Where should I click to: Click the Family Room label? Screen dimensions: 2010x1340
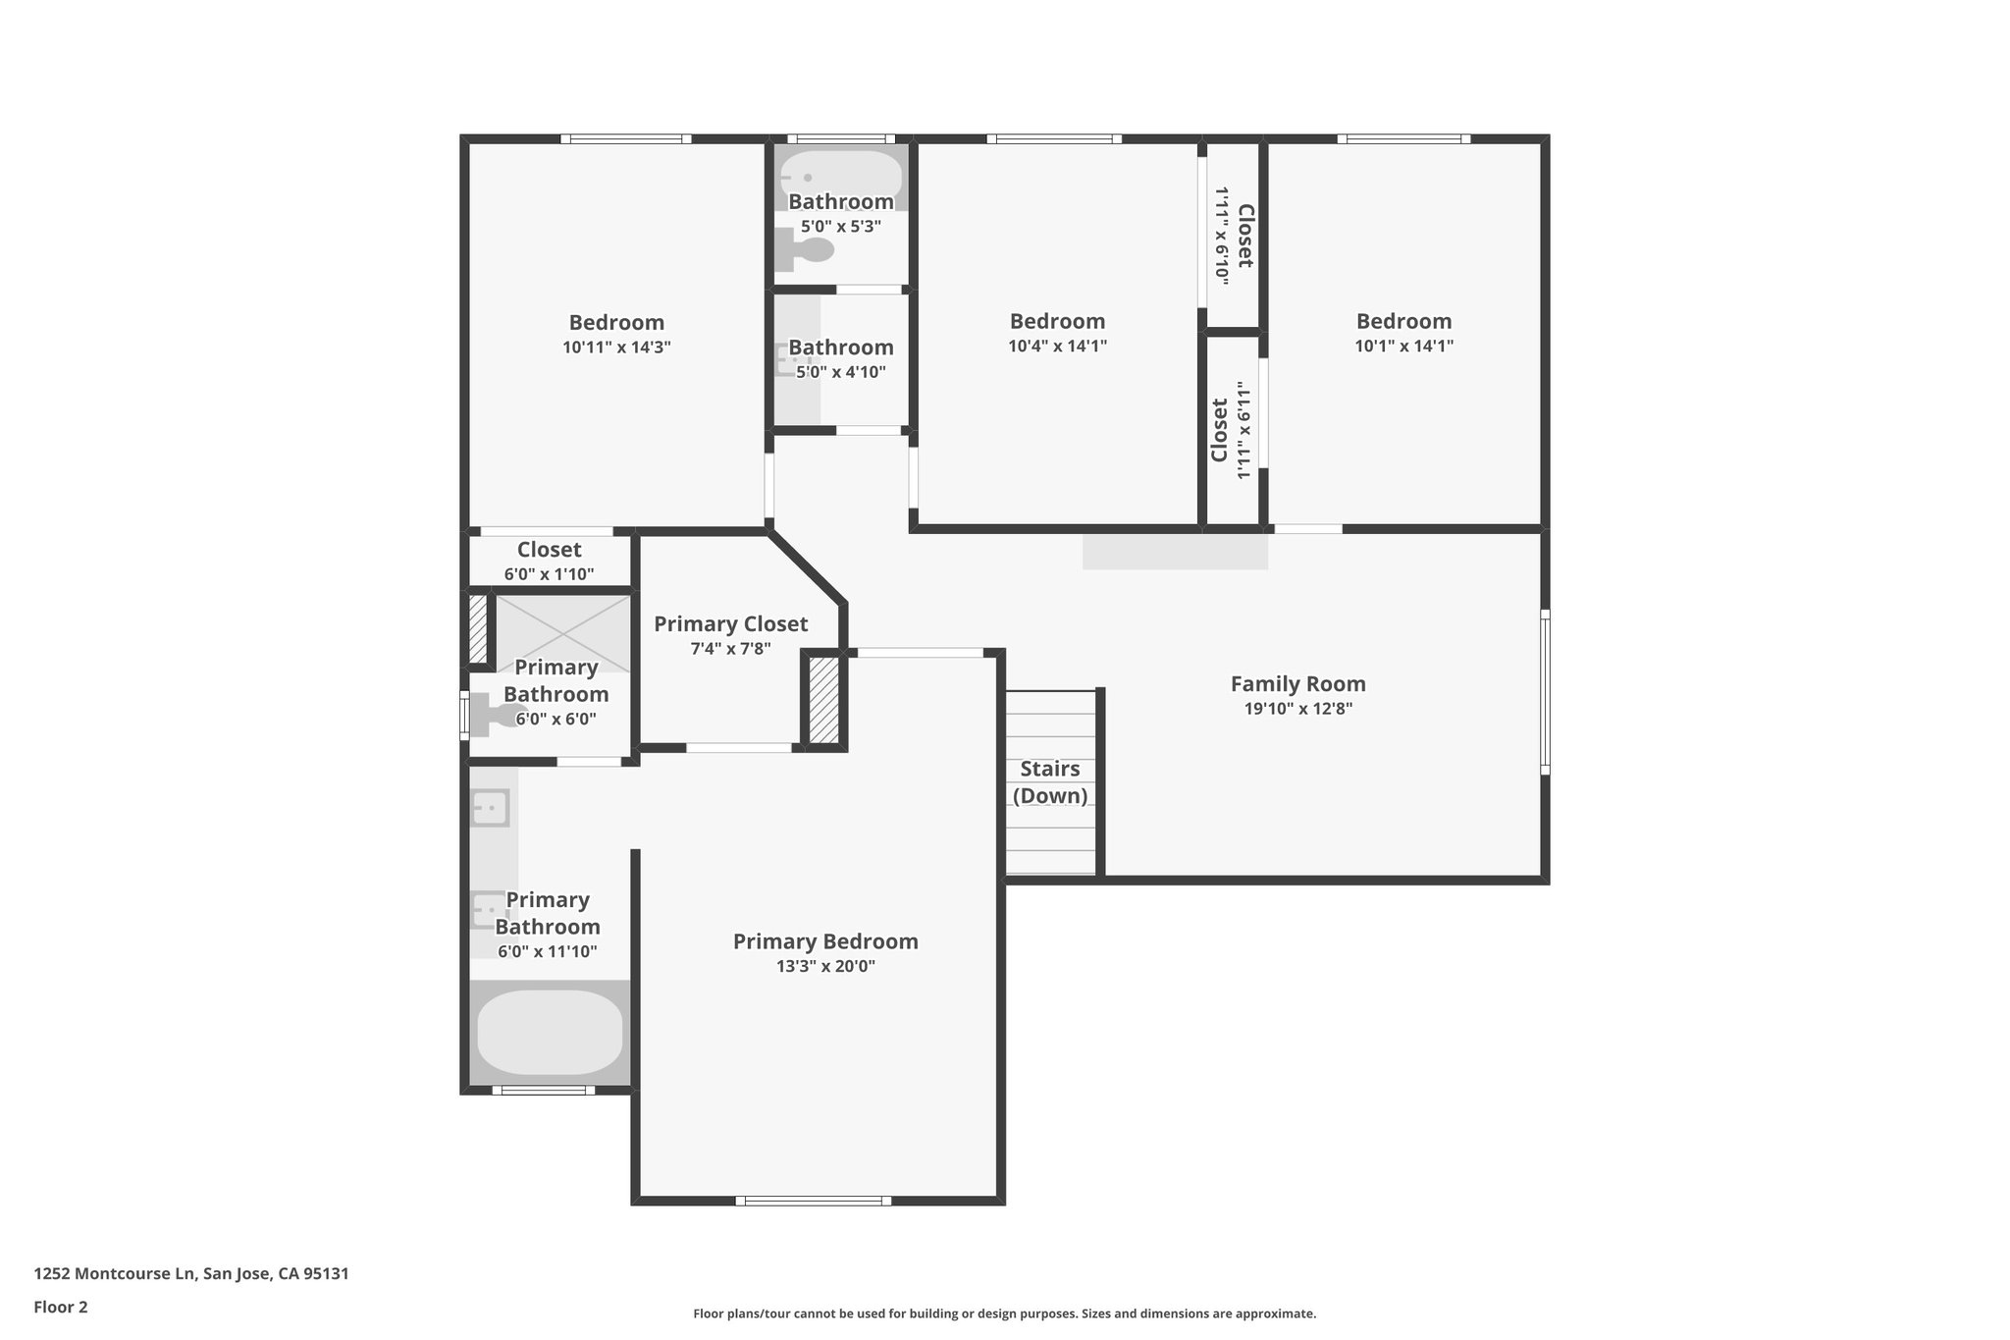click(x=1297, y=684)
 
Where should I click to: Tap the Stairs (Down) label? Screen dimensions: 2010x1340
click(x=1050, y=782)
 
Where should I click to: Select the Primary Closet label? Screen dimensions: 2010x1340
click(x=731, y=624)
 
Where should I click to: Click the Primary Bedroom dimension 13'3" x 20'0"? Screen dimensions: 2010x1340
click(x=825, y=966)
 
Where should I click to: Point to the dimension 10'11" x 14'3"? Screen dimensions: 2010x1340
click(x=616, y=348)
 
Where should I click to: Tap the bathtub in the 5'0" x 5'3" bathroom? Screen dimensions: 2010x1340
click(x=842, y=180)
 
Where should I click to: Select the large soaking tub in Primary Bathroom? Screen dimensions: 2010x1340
click(x=550, y=1032)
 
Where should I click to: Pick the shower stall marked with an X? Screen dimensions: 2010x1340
click(x=563, y=633)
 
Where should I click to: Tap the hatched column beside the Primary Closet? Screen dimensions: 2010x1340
click(x=823, y=700)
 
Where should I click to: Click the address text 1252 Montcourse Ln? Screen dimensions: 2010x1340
click(x=117, y=1274)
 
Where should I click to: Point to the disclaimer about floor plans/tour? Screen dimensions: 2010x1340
click(x=1005, y=1313)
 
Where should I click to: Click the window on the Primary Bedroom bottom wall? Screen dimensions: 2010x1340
click(x=814, y=1201)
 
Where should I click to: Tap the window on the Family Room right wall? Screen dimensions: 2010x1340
click(x=1545, y=692)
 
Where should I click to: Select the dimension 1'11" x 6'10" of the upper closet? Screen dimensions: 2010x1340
click(x=1222, y=236)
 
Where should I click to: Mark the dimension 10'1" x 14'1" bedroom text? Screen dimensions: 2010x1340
click(x=1404, y=346)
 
